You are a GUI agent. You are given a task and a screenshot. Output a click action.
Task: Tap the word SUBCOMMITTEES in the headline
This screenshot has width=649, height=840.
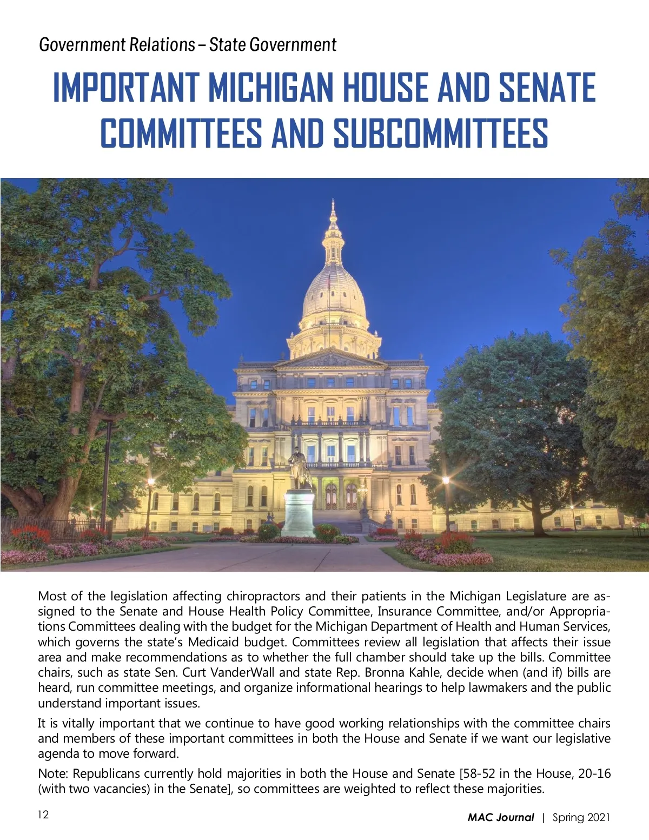coord(441,134)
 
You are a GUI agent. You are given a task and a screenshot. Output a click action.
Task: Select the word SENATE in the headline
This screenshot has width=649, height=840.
coord(547,88)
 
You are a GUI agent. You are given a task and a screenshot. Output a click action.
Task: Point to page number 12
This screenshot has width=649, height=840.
coord(43,815)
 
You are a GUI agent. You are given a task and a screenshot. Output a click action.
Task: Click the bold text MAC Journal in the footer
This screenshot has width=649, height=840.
coord(500,817)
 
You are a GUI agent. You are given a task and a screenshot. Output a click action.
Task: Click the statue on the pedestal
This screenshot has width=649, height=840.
coord(298,468)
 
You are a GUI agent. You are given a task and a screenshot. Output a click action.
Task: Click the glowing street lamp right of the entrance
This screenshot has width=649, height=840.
coord(446,480)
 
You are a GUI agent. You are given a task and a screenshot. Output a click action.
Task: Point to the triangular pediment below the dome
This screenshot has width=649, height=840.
coord(332,359)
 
